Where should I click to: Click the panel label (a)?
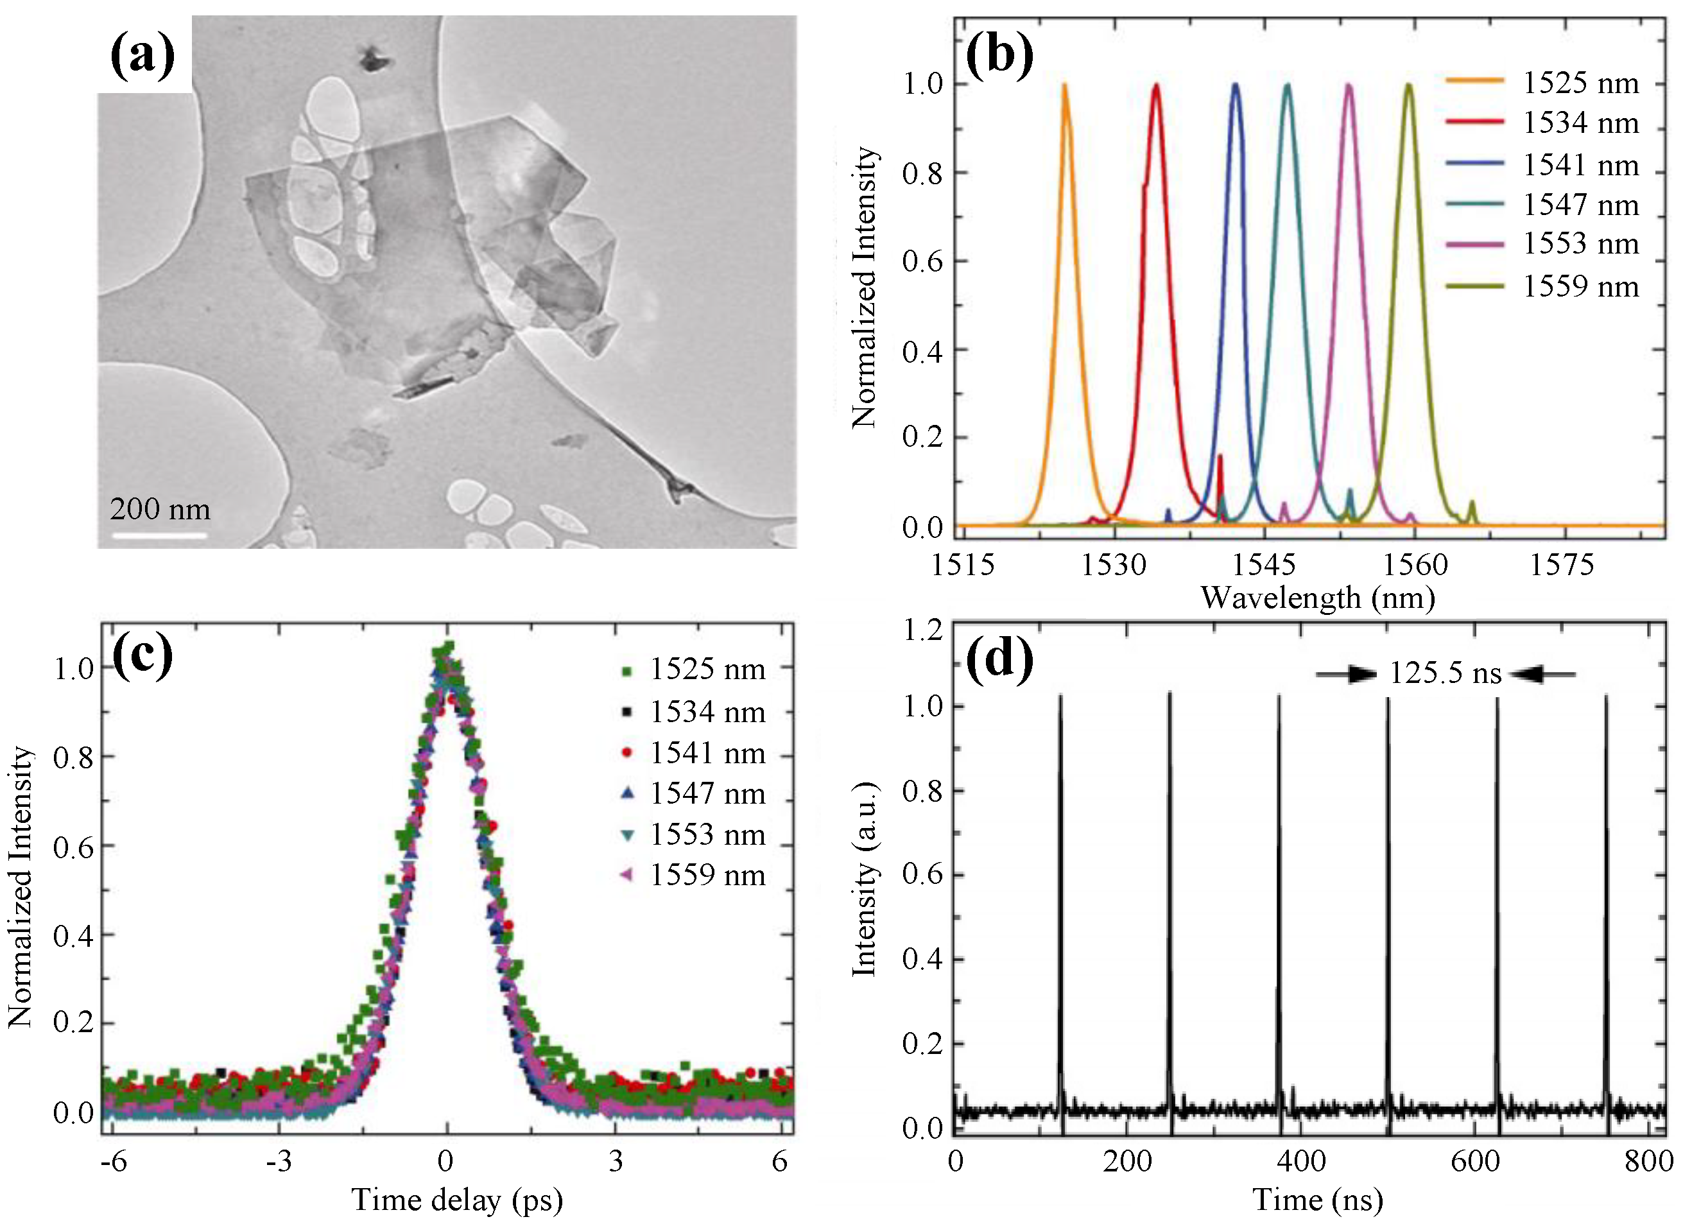(142, 56)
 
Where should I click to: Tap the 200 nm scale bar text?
(160, 509)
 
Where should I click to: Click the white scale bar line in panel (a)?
(159, 534)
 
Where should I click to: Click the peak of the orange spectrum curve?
(1065, 85)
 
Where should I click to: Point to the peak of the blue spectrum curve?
(1236, 85)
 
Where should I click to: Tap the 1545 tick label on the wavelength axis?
(1264, 566)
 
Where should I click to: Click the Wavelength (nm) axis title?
(1318, 598)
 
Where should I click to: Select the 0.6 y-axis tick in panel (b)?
(922, 262)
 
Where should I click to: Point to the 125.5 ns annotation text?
(1445, 674)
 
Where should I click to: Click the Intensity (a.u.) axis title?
(865, 879)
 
